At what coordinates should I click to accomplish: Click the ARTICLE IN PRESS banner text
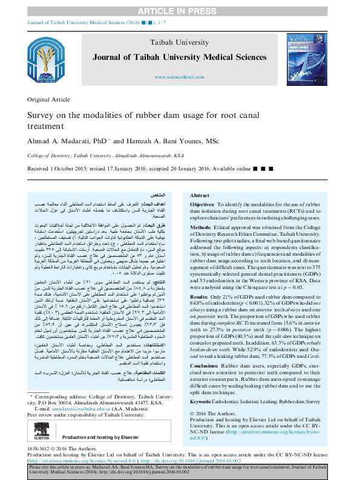tap(179, 11)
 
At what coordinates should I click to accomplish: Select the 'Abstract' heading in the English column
tap(200, 196)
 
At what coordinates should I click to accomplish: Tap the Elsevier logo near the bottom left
tap(39, 437)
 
